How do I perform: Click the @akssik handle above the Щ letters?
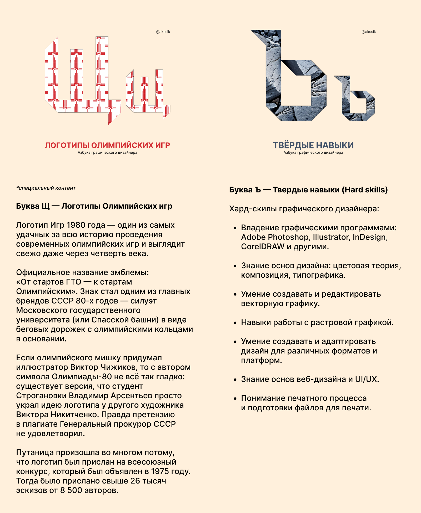coord(163,32)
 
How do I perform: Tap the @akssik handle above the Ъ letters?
coord(369,32)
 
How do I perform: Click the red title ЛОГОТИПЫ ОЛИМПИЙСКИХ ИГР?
coord(107,145)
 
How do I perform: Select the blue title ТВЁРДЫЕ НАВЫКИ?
coord(313,145)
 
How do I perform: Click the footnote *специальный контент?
coord(46,188)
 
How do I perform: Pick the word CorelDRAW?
coord(263,247)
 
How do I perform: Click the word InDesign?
coord(369,237)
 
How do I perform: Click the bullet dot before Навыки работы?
coord(235,323)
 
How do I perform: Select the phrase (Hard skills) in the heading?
coord(365,190)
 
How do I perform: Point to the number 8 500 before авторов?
coord(71,491)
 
